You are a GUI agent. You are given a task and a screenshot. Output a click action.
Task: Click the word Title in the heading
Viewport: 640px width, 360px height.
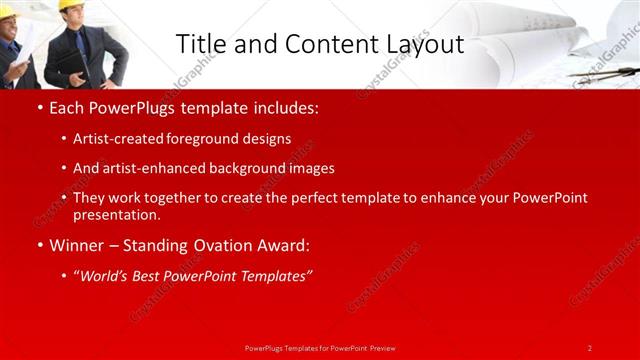[x=200, y=44]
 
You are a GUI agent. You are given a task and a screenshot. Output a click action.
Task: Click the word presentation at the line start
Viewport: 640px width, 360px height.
[x=116, y=215]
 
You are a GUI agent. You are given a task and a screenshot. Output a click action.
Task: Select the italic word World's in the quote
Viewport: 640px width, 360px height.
[x=106, y=275]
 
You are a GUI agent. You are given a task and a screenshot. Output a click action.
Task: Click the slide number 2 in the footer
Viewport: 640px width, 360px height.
[x=590, y=347]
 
